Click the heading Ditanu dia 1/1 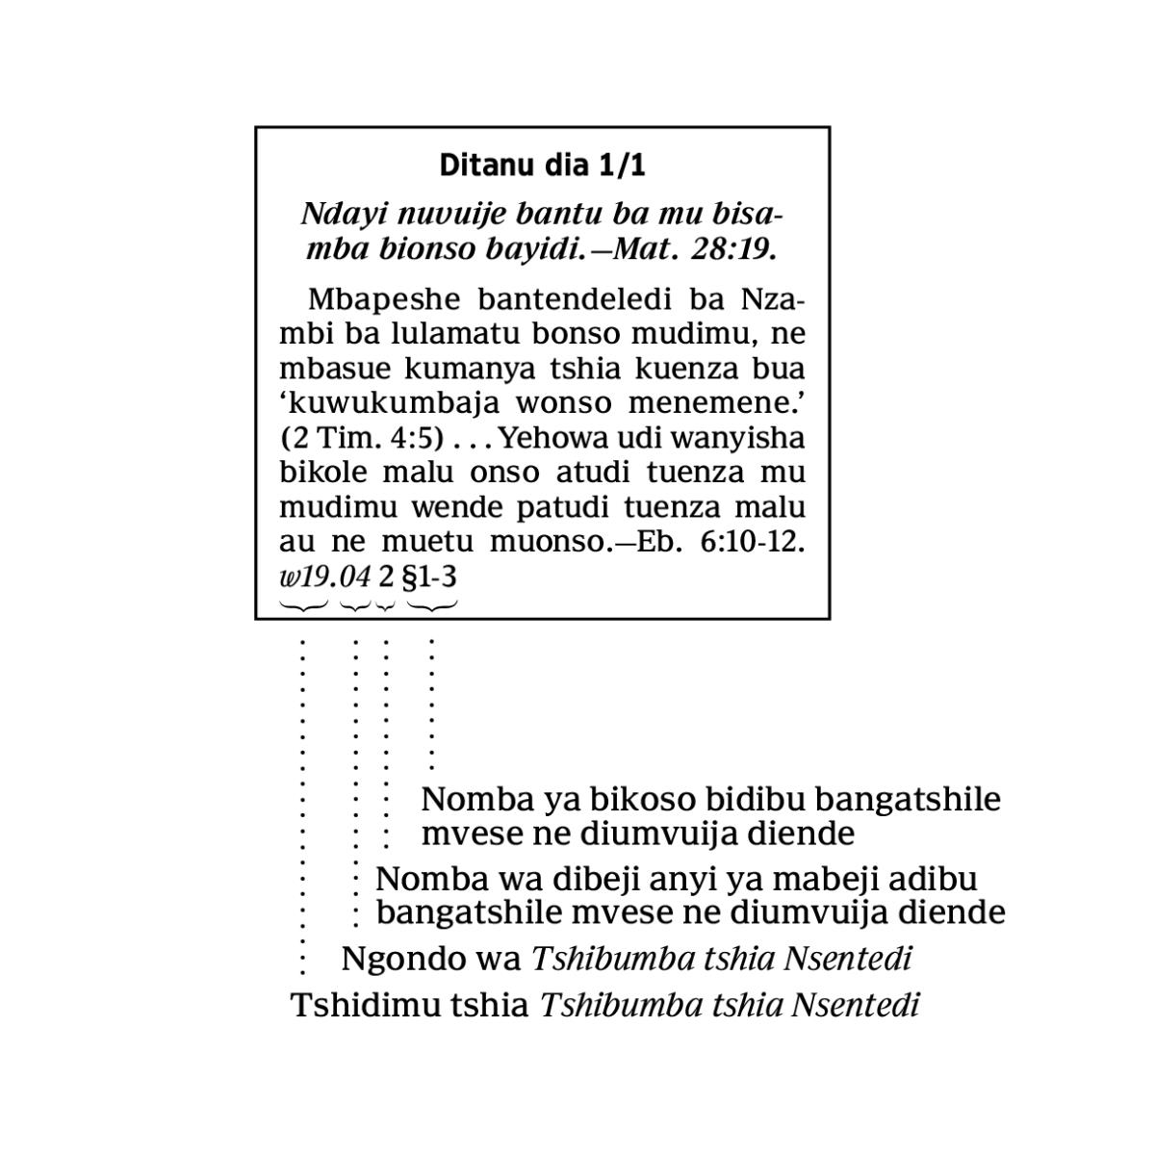coord(542,166)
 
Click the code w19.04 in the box coord(324,577)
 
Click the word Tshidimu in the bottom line coord(361,1006)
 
